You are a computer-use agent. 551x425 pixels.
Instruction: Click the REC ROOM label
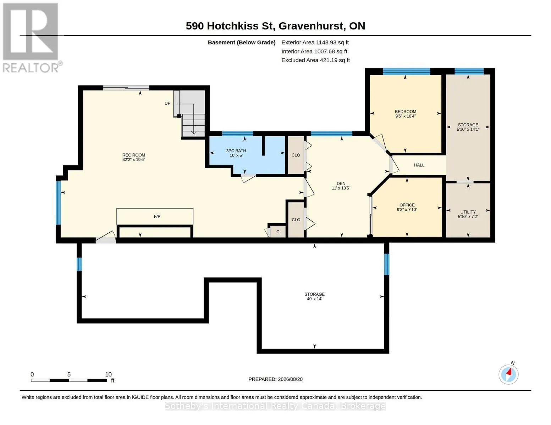[134, 155]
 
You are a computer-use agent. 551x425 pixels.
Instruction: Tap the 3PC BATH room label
[236, 151]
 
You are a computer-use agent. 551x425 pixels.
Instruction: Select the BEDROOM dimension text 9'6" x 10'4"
[406, 116]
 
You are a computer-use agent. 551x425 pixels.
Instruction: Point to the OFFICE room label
[407, 205]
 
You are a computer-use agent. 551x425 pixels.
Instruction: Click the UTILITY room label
[468, 212]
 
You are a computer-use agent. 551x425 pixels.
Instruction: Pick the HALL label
[419, 165]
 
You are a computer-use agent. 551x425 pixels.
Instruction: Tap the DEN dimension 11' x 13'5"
[341, 188]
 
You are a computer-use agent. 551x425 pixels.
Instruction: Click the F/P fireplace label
[157, 216]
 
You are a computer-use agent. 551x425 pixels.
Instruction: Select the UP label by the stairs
[167, 103]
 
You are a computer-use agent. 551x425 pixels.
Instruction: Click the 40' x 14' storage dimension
[314, 299]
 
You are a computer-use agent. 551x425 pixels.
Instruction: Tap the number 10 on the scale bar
[108, 374]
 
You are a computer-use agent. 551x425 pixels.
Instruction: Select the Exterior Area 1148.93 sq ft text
[315, 42]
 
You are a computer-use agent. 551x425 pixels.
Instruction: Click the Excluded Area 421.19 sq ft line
[316, 60]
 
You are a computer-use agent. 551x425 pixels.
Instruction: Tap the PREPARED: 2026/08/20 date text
[275, 379]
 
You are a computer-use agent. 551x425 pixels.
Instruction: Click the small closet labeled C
[278, 232]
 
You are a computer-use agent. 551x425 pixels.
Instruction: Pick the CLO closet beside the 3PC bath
[296, 155]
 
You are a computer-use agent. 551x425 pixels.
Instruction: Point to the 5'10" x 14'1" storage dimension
[468, 129]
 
